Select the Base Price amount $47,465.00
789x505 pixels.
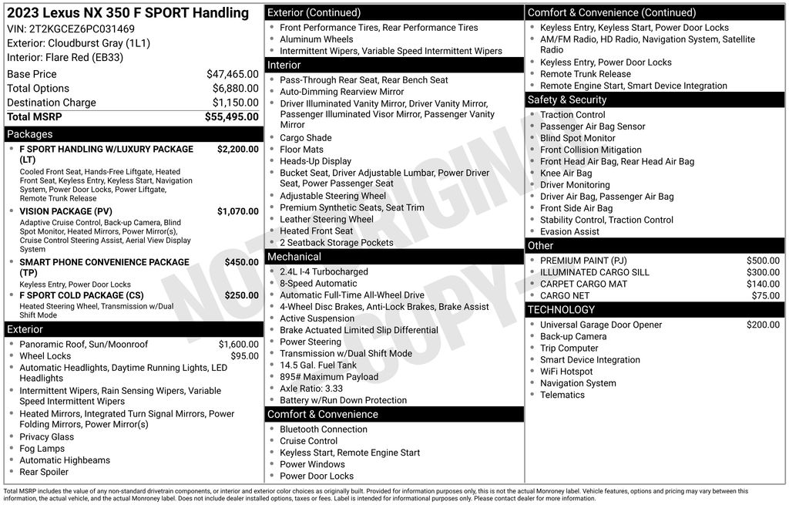point(232,74)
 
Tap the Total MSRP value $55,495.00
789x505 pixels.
point(231,116)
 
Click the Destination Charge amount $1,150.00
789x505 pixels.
point(235,103)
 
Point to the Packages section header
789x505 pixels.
point(30,134)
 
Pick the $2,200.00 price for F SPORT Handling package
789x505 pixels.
point(237,149)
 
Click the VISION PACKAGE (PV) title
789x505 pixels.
point(65,211)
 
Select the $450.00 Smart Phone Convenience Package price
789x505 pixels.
point(241,262)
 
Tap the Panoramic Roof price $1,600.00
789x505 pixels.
point(238,345)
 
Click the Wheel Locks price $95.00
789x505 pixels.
point(244,356)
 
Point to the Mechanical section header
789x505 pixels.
point(294,257)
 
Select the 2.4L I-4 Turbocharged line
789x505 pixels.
point(324,272)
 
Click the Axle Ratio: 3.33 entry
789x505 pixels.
point(311,389)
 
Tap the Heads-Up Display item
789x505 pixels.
point(315,161)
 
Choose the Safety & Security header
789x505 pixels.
point(567,100)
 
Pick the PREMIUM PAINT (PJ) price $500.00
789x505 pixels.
point(763,261)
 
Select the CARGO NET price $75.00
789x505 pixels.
point(765,295)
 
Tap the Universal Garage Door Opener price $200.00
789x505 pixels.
point(763,325)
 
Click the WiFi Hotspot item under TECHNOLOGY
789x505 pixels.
point(566,372)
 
